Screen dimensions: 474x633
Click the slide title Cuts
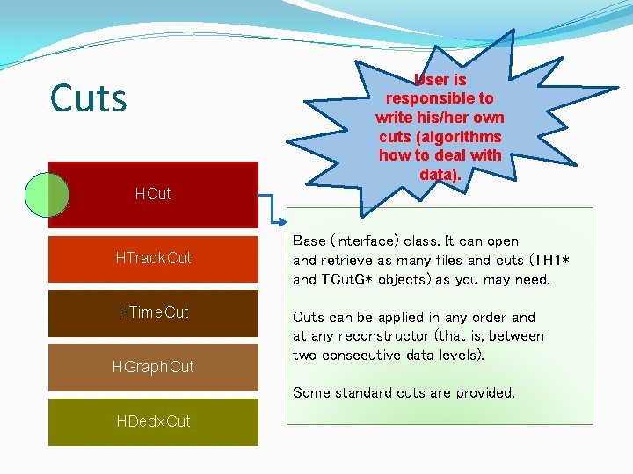[x=89, y=98]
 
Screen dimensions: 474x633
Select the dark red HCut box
[x=153, y=194]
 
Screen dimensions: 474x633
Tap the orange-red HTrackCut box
[x=153, y=258]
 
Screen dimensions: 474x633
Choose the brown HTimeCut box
[x=153, y=312]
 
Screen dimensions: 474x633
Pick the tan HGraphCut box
[x=153, y=366]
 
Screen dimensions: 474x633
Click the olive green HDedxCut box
[x=153, y=421]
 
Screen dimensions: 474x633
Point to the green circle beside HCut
[x=46, y=194]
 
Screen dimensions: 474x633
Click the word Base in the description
[x=309, y=241]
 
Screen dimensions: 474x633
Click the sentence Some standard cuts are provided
[x=404, y=392]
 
